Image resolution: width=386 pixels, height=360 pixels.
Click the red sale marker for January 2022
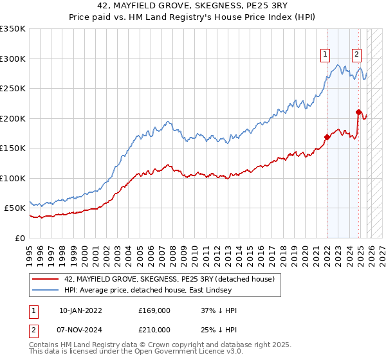pos(327,137)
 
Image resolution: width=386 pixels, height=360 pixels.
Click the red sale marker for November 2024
pos(358,113)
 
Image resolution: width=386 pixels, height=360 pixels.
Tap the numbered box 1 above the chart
pos(326,55)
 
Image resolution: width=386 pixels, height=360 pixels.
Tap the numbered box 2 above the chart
pos(357,55)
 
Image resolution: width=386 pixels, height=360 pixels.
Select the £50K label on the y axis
pos(15,208)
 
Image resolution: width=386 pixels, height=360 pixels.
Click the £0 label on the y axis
pos(21,238)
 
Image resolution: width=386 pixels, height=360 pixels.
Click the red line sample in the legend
pos(46,279)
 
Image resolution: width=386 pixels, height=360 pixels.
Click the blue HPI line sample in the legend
pos(46,290)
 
